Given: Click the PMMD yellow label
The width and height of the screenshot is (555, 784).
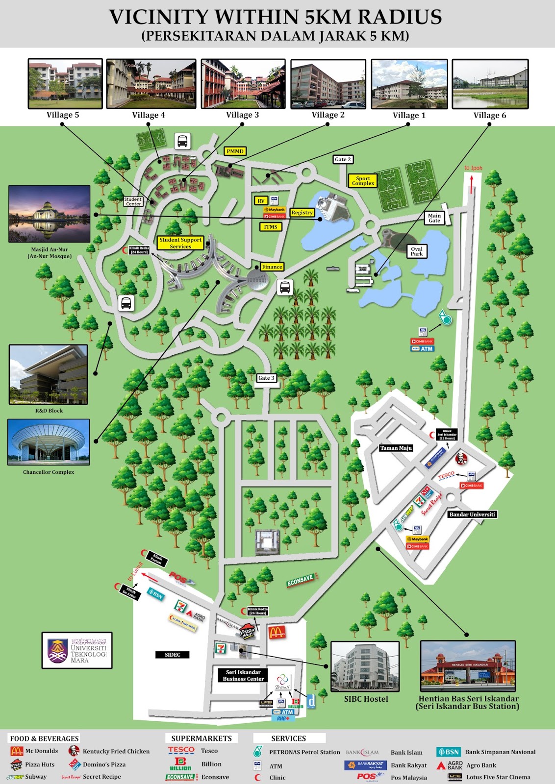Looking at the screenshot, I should tap(235, 151).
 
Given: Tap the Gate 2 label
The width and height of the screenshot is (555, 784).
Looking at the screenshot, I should tap(343, 159).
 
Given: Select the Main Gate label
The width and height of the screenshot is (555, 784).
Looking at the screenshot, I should tap(434, 218).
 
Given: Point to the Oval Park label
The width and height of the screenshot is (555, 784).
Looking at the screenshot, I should tap(417, 251).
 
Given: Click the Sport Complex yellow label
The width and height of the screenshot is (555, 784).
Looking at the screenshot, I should tap(363, 181).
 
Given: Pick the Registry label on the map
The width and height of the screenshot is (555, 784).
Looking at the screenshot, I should tap(302, 213).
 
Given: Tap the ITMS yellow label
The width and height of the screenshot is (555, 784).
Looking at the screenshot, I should tap(271, 227).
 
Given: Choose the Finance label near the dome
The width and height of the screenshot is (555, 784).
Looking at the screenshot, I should tap(272, 267).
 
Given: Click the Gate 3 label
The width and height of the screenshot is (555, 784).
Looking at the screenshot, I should tap(266, 378).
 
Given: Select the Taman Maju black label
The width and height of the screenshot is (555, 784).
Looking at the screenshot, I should tap(396, 448).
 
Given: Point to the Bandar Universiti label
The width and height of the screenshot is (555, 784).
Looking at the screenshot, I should tap(472, 514).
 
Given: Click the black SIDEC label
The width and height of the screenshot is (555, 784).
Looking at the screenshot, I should tap(173, 655).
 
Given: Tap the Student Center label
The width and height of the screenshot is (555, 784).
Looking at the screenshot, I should tap(133, 201).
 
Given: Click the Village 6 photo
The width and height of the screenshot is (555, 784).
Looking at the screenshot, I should tap(490, 84).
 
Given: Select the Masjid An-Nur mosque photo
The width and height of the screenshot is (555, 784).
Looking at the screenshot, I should tap(50, 214).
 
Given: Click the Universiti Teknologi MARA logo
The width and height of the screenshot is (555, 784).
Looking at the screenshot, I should tap(77, 650).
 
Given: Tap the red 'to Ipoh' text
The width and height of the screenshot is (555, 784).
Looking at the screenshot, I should tap(473, 168).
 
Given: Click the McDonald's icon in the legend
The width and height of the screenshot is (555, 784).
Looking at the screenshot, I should tap(17, 751).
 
